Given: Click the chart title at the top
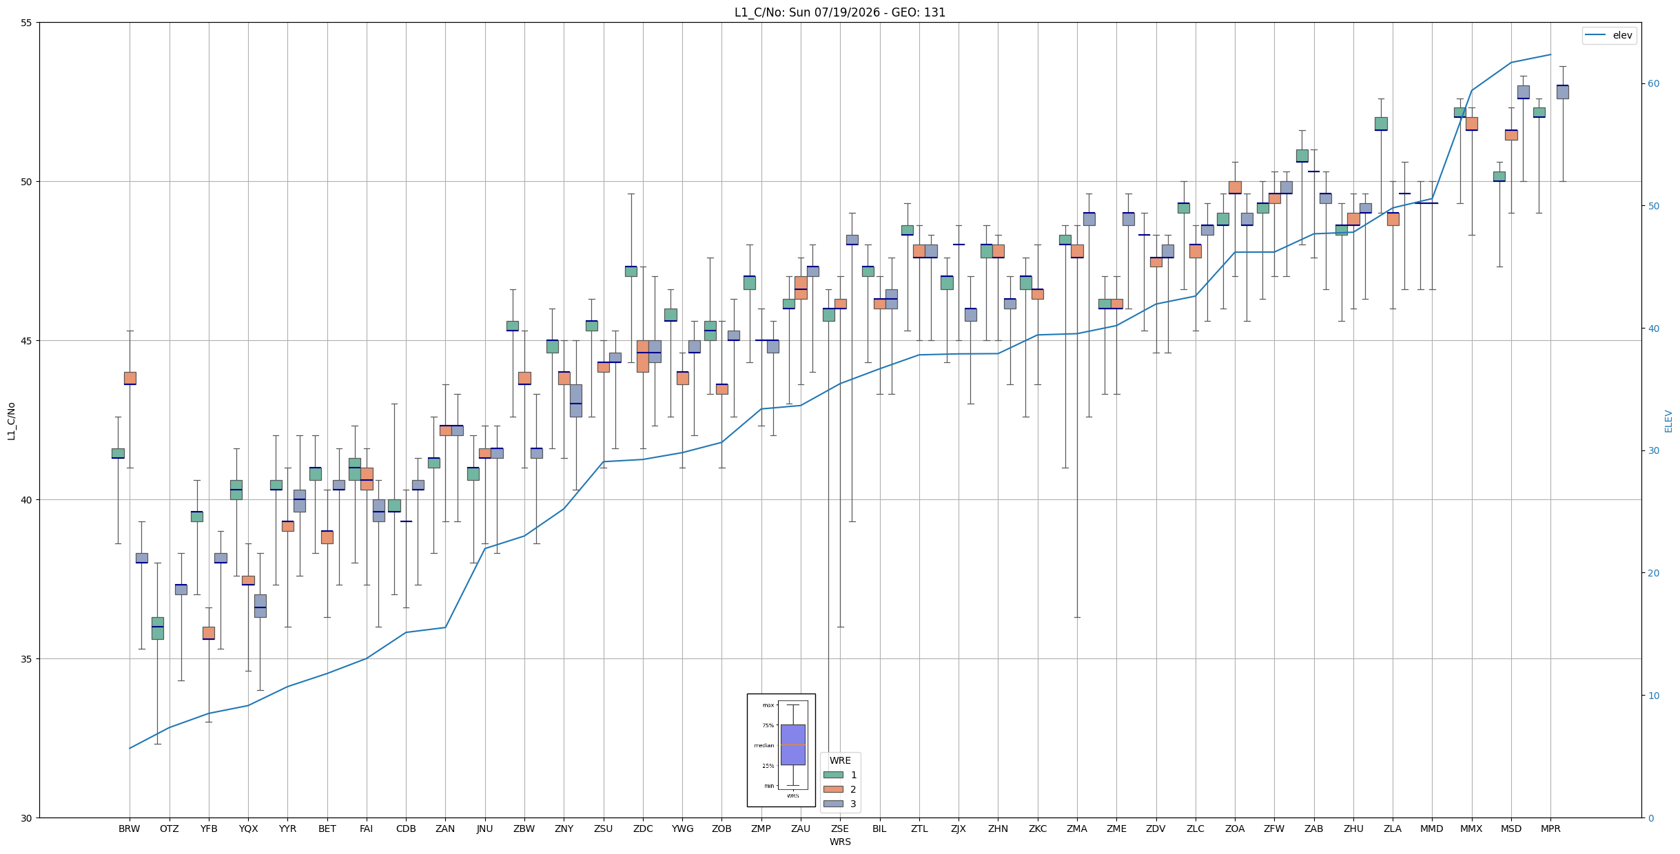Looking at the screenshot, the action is point(839,12).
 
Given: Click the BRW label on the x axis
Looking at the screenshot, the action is point(130,829).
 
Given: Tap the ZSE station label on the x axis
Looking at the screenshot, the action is point(840,829).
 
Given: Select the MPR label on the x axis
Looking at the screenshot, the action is point(1550,829).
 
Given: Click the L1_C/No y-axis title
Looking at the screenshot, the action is point(11,421).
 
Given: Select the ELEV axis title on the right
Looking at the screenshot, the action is point(1668,421).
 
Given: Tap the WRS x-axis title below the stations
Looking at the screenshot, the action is point(840,842).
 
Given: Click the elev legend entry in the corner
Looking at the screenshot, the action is point(1609,35).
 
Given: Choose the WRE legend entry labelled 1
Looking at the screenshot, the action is point(840,775).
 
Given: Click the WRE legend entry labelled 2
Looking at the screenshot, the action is point(840,789).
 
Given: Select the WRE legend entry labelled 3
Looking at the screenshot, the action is point(840,804).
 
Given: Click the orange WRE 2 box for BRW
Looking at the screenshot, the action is point(130,378).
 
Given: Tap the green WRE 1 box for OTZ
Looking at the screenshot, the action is point(158,628).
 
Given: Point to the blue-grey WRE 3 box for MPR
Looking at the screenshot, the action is point(1563,92).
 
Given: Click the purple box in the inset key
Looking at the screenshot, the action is point(792,744).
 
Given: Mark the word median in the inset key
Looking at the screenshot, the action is point(764,745).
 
